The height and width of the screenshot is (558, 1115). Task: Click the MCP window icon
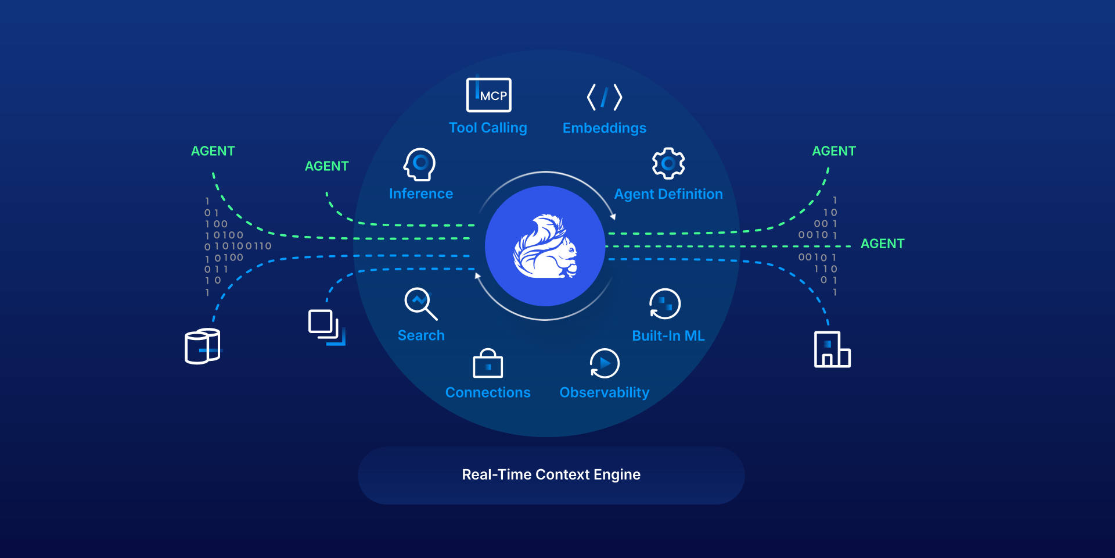[x=488, y=95]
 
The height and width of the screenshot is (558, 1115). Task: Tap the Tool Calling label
[x=488, y=128]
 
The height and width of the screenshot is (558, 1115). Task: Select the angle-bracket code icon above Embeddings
[x=604, y=97]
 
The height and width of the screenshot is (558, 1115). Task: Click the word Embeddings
[x=604, y=128]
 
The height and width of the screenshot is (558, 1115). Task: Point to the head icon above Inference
[x=420, y=164]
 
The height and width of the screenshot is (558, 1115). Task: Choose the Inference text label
[x=421, y=194]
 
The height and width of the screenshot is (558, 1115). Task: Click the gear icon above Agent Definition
[x=668, y=163]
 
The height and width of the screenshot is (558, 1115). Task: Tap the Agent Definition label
[x=668, y=194]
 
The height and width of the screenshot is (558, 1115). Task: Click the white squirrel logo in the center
[x=545, y=246]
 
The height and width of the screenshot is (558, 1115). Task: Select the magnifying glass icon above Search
[x=420, y=303]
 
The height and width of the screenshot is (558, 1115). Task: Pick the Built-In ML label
[x=668, y=335]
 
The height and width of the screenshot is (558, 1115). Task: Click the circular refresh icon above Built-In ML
[x=664, y=303]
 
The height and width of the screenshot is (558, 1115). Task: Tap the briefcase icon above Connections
[x=488, y=364]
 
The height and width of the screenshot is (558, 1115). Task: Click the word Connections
[x=488, y=392]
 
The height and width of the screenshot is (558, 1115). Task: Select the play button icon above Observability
[x=605, y=363]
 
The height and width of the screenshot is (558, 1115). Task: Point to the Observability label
[x=604, y=392]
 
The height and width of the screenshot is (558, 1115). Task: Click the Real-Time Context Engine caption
[x=551, y=475]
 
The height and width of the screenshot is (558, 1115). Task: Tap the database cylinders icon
[x=202, y=346]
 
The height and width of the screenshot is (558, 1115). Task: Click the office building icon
[x=832, y=349]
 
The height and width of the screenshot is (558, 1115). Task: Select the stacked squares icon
[x=326, y=327]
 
